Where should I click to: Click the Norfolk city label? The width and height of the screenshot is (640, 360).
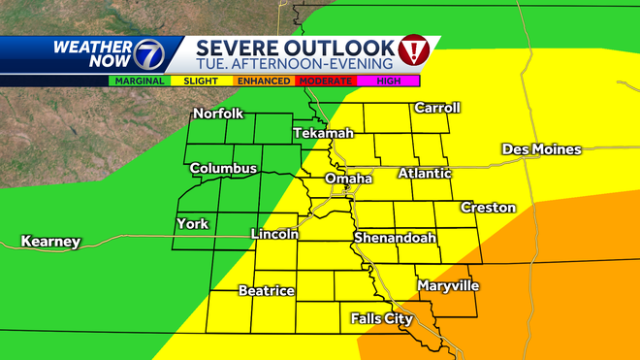tap(217, 114)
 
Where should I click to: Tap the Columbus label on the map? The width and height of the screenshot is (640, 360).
tap(223, 169)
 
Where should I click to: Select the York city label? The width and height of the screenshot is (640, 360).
tap(192, 224)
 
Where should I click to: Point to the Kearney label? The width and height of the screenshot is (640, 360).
tap(50, 242)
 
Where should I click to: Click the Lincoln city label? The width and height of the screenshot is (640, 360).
tap(274, 235)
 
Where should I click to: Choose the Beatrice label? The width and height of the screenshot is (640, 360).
tap(266, 291)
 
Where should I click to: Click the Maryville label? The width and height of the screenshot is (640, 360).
tap(448, 286)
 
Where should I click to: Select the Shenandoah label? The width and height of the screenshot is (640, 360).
tap(395, 238)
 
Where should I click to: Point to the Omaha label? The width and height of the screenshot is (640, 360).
tap(348, 180)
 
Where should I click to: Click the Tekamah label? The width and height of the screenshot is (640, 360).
tap(319, 133)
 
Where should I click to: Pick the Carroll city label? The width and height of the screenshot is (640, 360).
tap(436, 108)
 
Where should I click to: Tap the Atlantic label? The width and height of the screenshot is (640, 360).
tap(425, 174)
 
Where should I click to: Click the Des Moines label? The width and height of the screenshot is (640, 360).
tap(541, 149)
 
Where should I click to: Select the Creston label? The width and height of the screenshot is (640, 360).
tap(488, 208)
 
